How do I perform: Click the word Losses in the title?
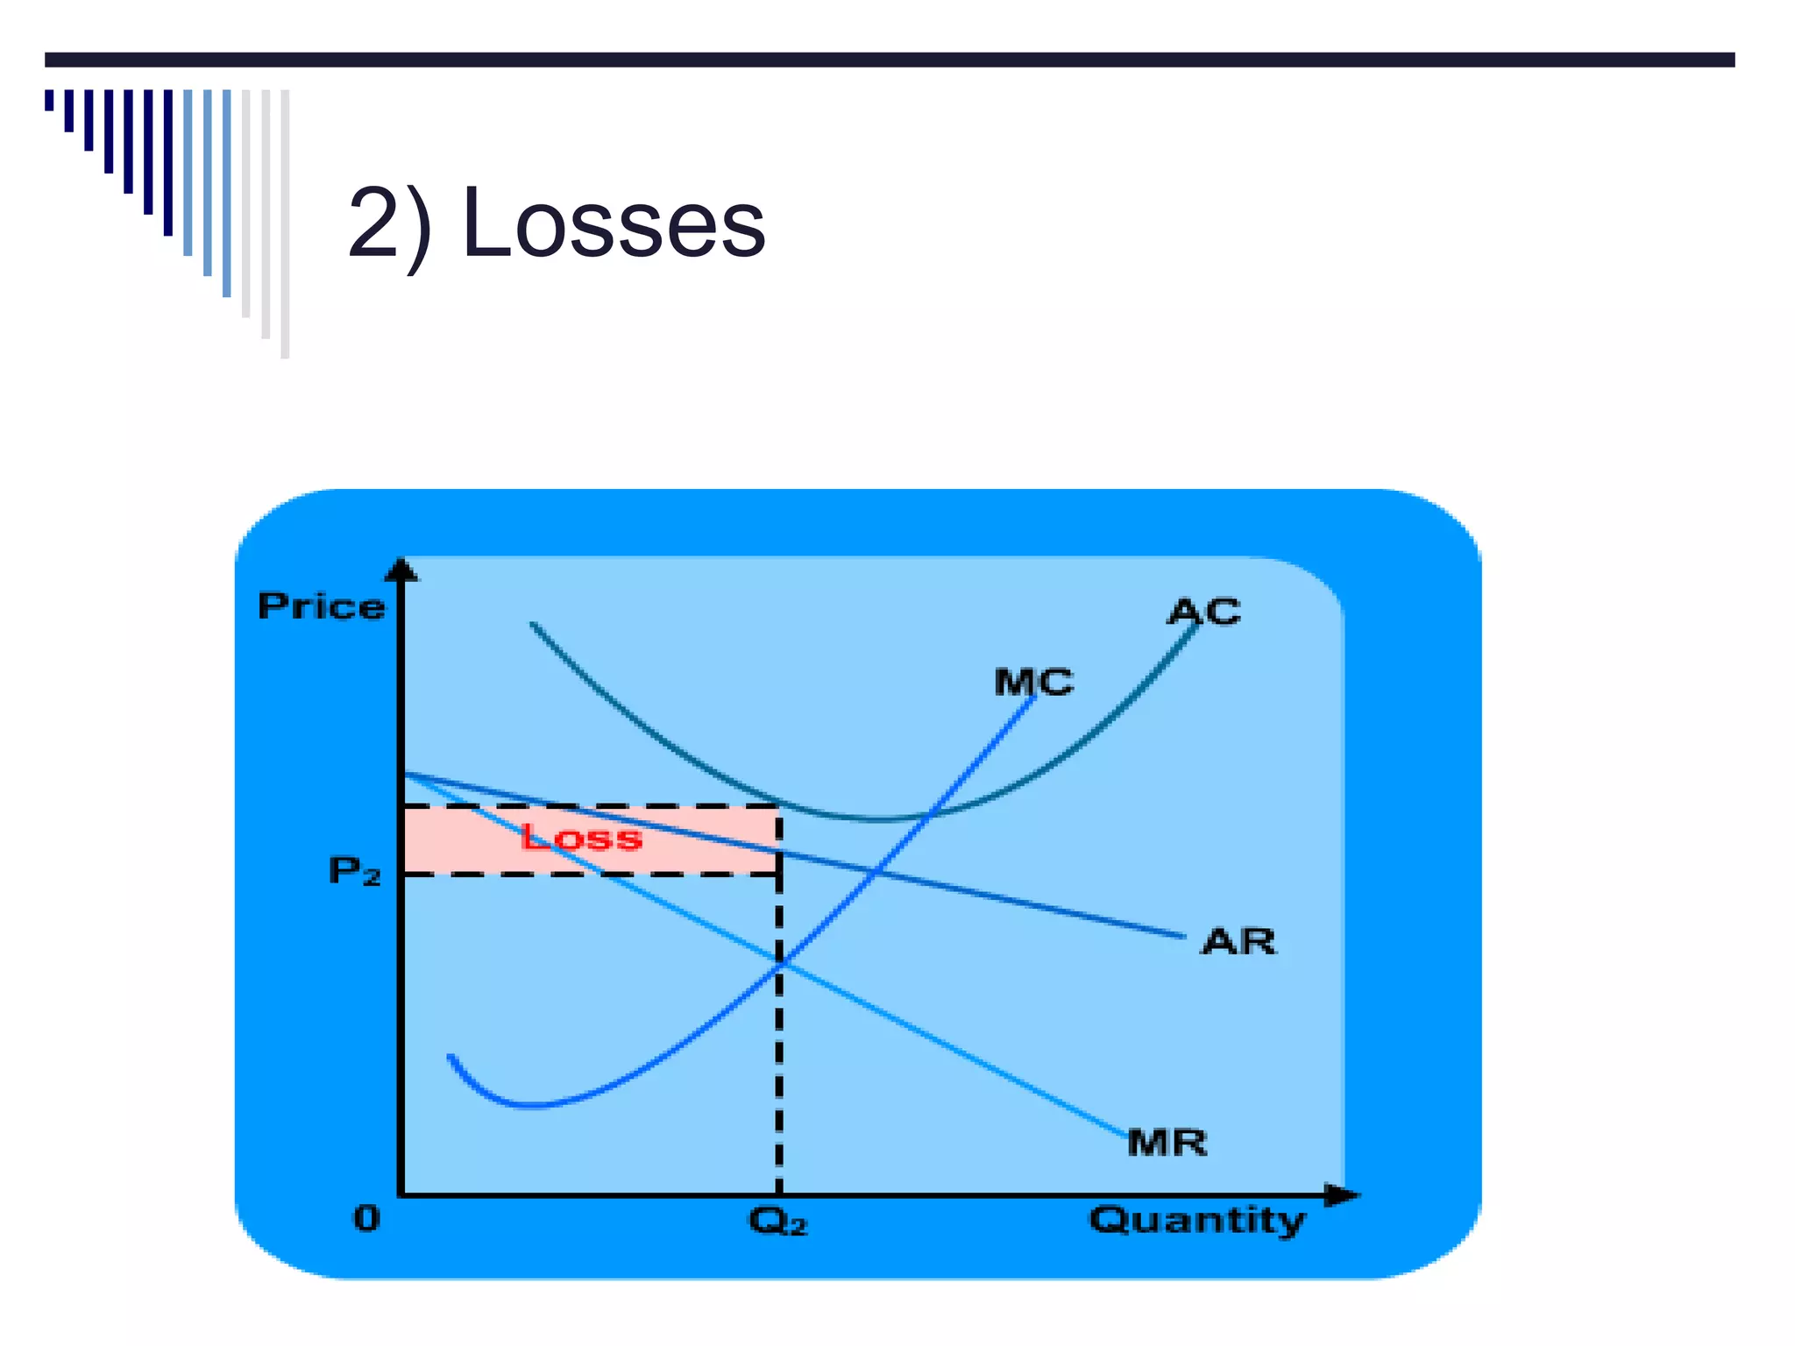coord(614,225)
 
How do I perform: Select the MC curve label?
coord(1033,682)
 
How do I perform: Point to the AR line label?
coord(1238,942)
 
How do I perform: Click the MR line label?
coord(1167,1143)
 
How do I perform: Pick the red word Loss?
coord(581,838)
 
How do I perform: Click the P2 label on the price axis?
coord(354,871)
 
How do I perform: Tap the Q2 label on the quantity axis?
coord(777,1221)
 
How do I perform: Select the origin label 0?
coord(367,1218)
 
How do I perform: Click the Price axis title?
coord(321,606)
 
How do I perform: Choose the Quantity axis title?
coord(1197,1221)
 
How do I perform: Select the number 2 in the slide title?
coord(380,225)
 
